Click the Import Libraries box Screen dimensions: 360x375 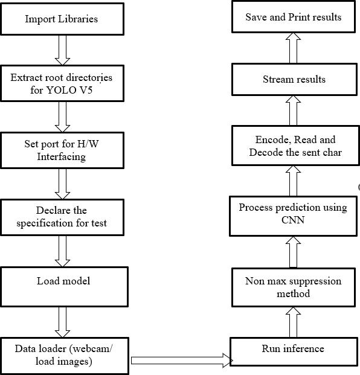coord(62,19)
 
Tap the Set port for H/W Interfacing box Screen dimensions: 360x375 coord(62,150)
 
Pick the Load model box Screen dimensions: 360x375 coord(64,287)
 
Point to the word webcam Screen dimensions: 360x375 coord(91,348)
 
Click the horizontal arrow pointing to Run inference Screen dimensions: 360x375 coord(182,360)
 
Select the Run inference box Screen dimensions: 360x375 coord(294,351)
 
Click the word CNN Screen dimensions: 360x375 coord(293,220)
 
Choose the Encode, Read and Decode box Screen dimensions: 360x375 coord(295,146)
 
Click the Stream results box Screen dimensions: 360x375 coord(294,79)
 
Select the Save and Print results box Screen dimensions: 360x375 coord(294,17)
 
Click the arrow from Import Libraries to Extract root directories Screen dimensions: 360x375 coord(62,50)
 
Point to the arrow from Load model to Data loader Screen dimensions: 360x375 coord(62,322)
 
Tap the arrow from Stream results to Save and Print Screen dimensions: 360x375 coord(294,48)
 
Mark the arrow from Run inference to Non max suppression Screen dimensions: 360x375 coord(294,322)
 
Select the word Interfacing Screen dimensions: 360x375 coord(62,157)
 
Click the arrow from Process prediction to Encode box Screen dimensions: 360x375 coord(294,181)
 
